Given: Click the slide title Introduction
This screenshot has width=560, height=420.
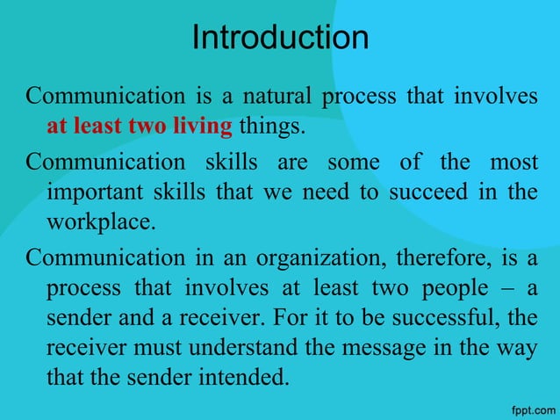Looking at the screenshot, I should click(280, 37).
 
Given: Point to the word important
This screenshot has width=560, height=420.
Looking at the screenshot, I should click(90, 192).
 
